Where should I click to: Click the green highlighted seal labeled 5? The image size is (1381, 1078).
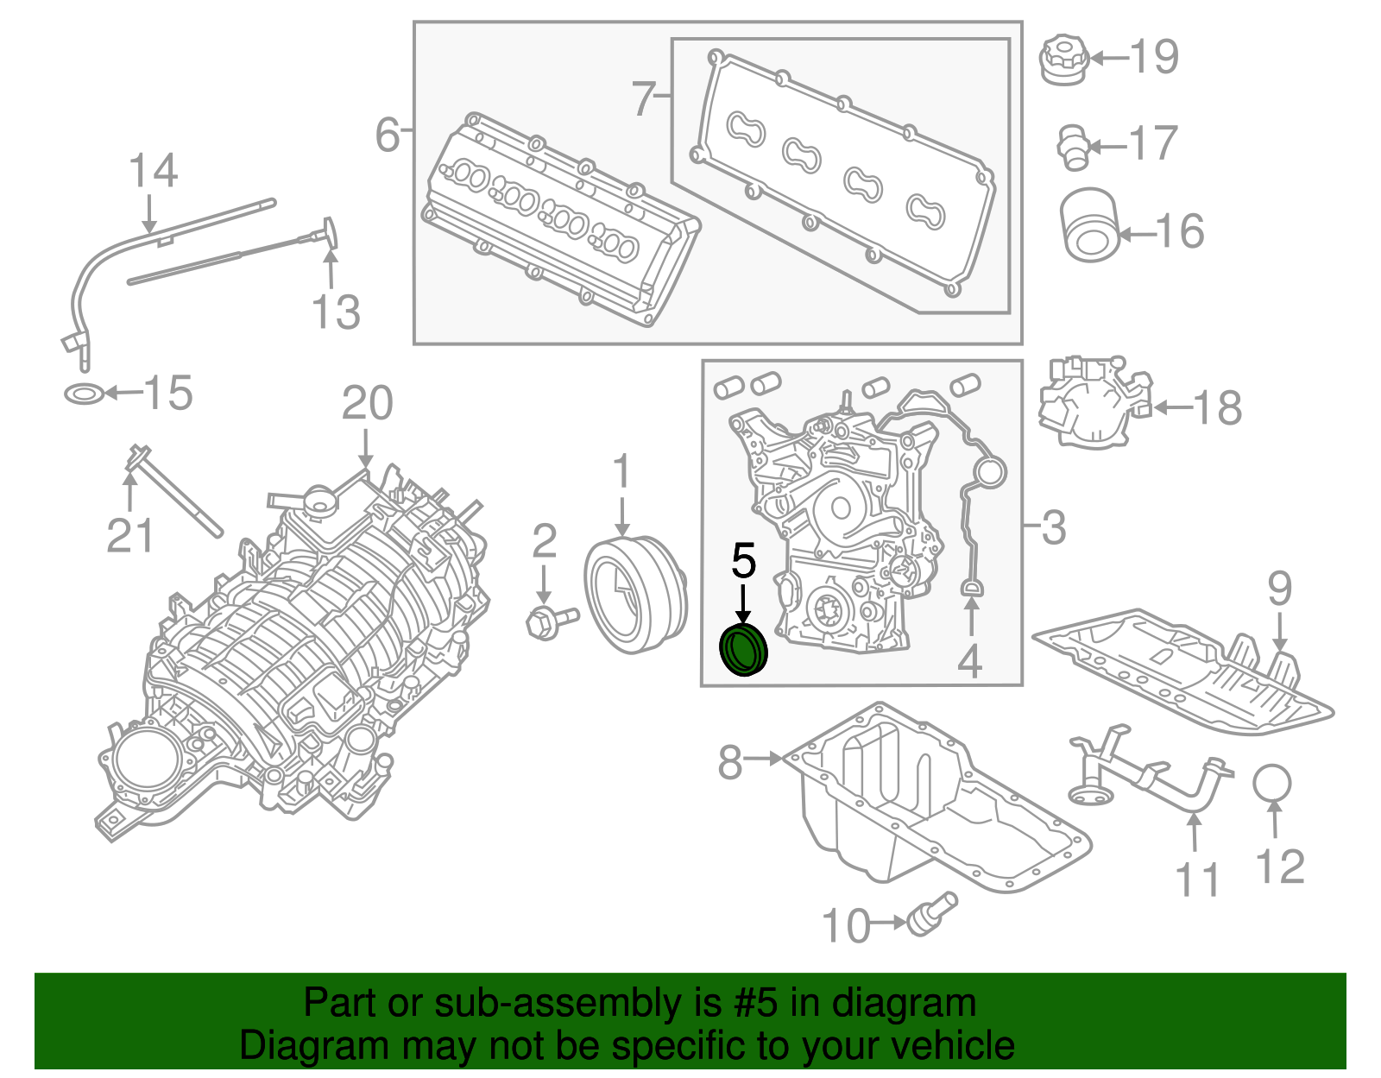(x=743, y=652)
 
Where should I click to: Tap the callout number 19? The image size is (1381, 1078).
(x=1154, y=57)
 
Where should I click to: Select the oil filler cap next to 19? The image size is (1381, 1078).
(x=1063, y=60)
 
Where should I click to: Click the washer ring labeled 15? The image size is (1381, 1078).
(x=85, y=395)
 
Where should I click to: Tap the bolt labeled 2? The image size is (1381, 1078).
(x=549, y=621)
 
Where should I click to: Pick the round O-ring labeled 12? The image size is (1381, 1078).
(x=1272, y=783)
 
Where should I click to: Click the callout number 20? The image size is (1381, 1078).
(x=367, y=403)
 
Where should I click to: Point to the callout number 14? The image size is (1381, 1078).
(x=153, y=170)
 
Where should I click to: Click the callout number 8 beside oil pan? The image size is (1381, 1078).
(x=730, y=761)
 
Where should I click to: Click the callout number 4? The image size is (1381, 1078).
(x=970, y=661)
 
